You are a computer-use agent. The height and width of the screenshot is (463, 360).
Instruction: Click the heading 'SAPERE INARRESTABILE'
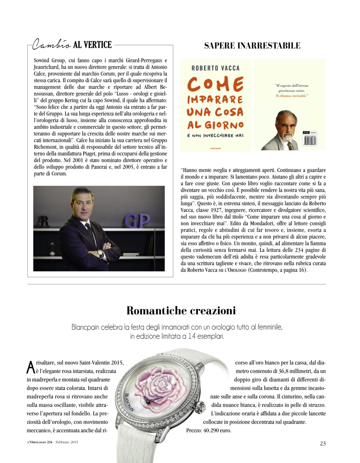pyautogui.click(x=252, y=46)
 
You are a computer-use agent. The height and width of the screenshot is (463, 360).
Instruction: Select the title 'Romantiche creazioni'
pyautogui.click(x=181, y=310)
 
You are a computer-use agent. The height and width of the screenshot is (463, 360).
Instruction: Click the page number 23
pyautogui.click(x=323, y=443)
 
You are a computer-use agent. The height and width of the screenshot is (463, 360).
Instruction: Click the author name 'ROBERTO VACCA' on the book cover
pyautogui.click(x=215, y=68)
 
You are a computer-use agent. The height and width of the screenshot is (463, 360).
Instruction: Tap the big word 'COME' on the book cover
pyautogui.click(x=215, y=85)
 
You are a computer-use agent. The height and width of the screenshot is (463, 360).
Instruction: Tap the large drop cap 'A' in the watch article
pyautogui.click(x=31, y=368)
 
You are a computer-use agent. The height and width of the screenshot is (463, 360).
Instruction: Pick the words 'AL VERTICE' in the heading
pyautogui.click(x=92, y=45)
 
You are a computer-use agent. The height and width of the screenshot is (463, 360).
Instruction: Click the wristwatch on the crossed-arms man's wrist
pyautogui.click(x=99, y=254)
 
